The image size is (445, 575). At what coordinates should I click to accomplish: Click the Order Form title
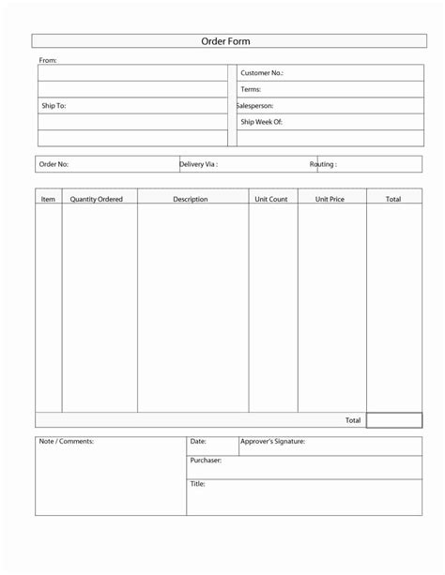(x=226, y=41)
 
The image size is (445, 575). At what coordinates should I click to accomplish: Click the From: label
(x=48, y=60)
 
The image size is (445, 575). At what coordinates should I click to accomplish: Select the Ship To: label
(x=54, y=106)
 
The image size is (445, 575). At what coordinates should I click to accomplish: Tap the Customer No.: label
(x=262, y=73)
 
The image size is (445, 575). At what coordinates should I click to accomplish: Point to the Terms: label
(x=251, y=89)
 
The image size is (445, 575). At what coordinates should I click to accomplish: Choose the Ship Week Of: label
(x=261, y=122)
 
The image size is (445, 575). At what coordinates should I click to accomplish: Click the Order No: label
(x=54, y=164)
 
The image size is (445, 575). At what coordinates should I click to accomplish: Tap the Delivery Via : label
(x=199, y=164)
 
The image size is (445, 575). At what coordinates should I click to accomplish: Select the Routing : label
(x=323, y=164)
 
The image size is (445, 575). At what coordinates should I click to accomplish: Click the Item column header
(x=49, y=200)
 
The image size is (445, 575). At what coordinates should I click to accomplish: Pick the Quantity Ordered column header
(x=97, y=200)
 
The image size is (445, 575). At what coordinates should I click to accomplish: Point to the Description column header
(x=191, y=200)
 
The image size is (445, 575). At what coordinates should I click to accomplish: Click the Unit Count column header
(x=271, y=200)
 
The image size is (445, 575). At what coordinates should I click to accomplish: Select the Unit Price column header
(x=330, y=200)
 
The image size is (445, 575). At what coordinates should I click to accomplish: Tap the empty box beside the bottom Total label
(x=393, y=420)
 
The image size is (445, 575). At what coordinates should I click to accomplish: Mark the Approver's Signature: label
(x=272, y=441)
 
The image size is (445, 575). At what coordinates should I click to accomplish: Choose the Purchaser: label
(x=206, y=461)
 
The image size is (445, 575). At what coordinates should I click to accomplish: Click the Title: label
(x=197, y=484)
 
